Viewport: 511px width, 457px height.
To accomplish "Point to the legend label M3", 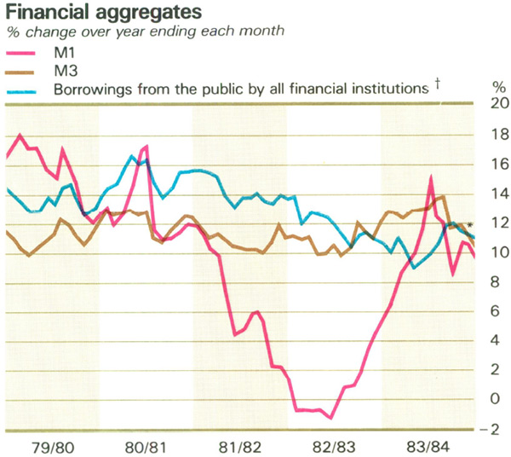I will (66, 70).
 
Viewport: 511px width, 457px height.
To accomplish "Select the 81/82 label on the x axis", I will (240, 445).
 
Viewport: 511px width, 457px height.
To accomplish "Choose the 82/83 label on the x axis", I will (334, 445).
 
